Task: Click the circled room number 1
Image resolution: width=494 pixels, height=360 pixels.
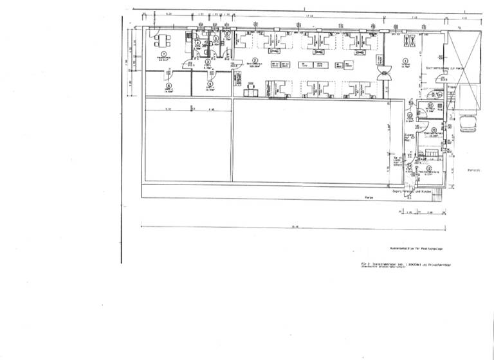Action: [164, 54]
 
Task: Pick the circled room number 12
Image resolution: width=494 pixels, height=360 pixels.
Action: [428, 168]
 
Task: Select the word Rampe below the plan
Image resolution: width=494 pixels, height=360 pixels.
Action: [369, 197]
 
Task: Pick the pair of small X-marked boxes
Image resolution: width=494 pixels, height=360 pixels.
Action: [409, 40]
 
